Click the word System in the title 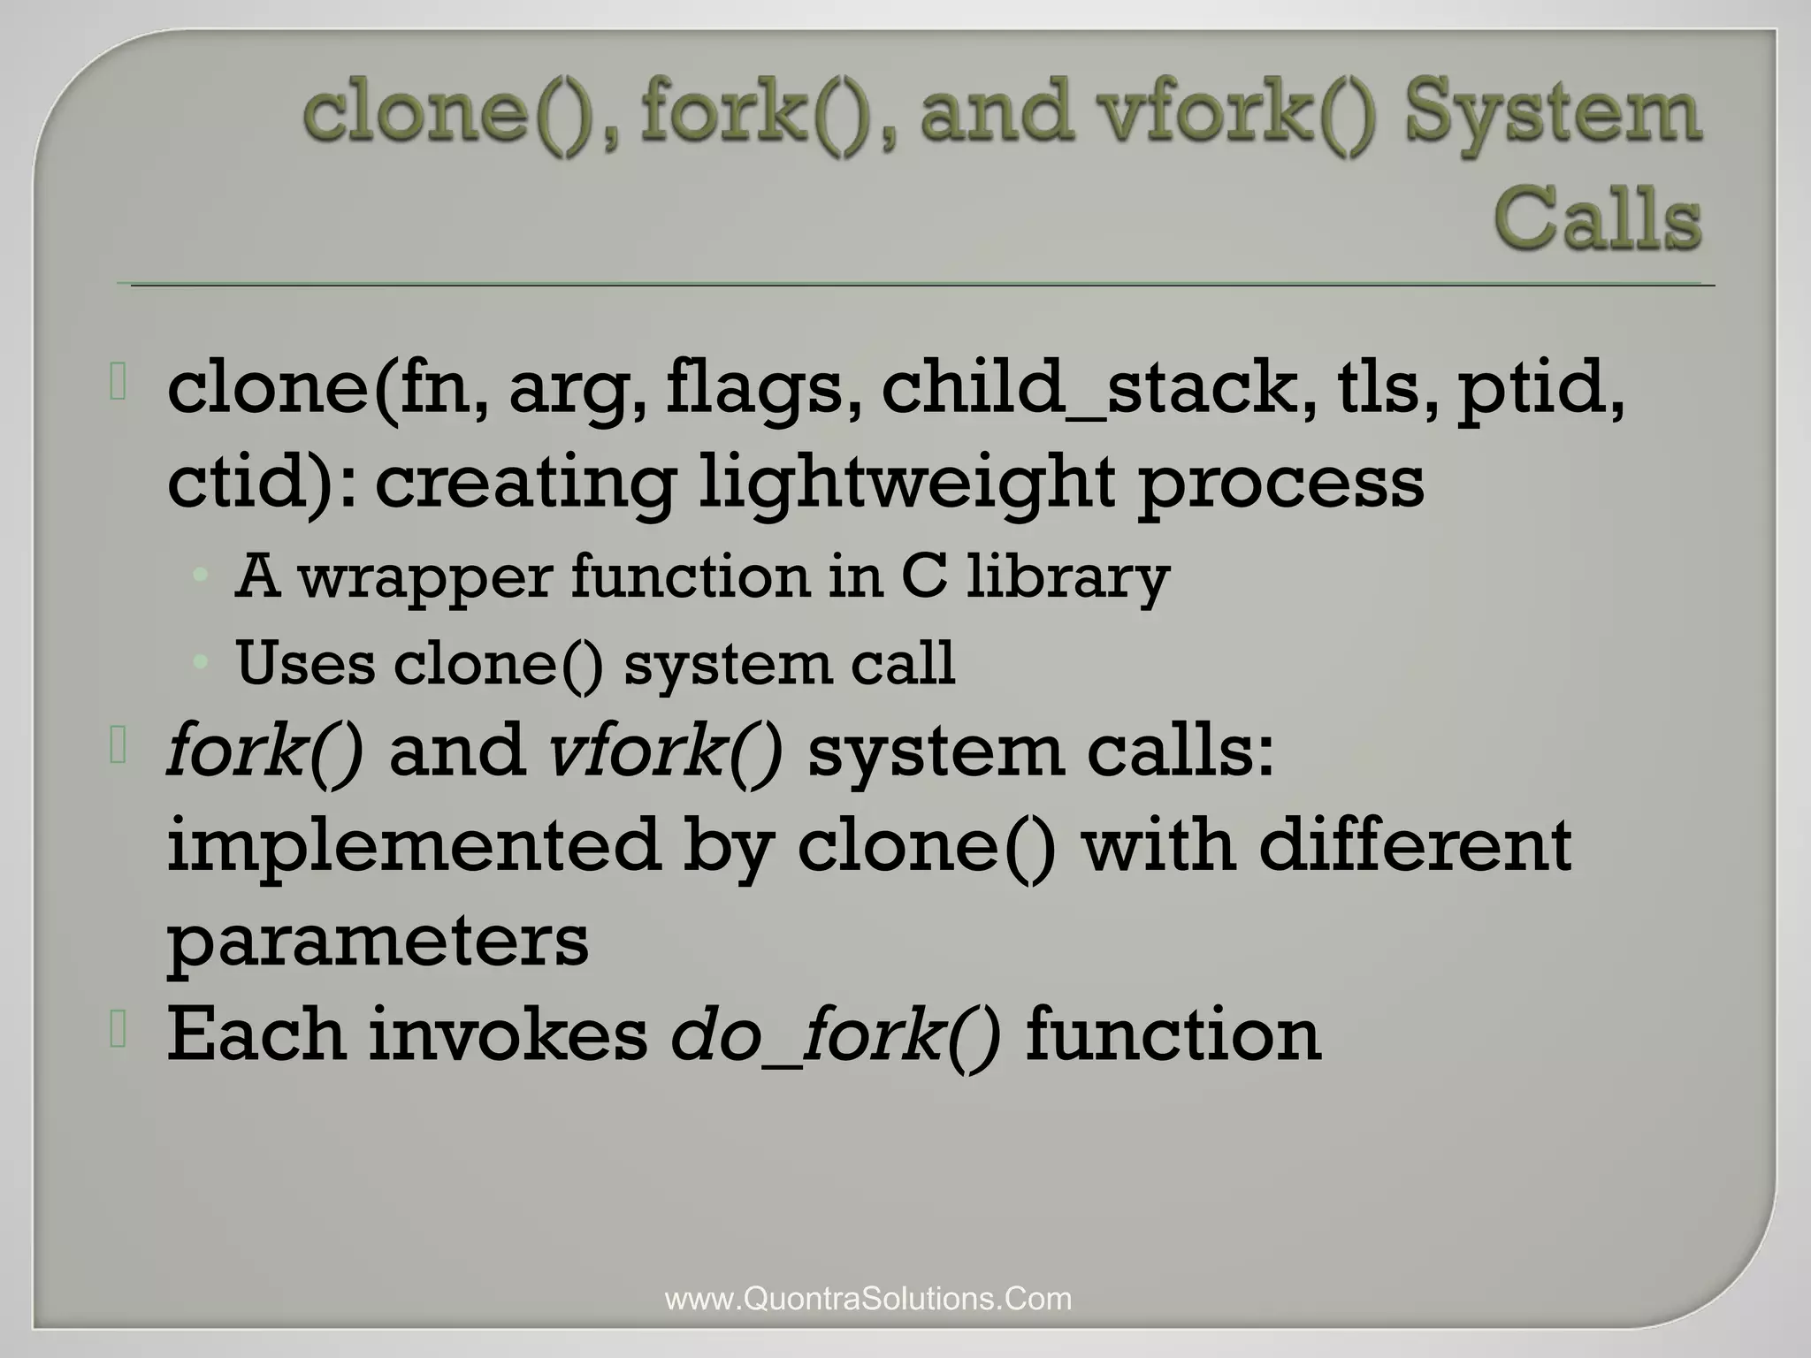coord(1551,115)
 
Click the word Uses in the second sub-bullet coord(305,663)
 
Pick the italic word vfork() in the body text coord(665,751)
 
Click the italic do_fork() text coord(836,1034)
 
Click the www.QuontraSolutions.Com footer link coord(867,1299)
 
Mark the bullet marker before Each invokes coord(119,1031)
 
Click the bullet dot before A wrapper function coord(202,576)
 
